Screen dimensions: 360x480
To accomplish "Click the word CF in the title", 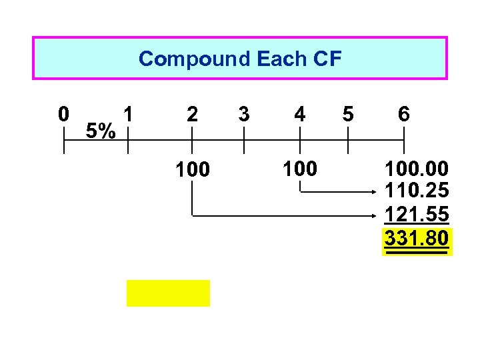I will [326, 59].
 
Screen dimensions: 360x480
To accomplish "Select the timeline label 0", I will [63, 114].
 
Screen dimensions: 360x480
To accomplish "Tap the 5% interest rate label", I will [102, 131].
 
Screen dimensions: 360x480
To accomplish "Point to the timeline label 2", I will [192, 114].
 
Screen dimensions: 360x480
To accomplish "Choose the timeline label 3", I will [244, 114].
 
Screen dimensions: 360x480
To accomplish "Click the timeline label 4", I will [301, 115].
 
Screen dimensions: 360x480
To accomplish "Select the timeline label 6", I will [404, 114].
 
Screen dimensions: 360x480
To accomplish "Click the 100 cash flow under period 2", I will [192, 170].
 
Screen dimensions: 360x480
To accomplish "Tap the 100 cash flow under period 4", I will [300, 169].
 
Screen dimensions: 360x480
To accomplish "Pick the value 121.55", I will [417, 215].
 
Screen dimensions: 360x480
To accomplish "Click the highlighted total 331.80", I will [417, 238].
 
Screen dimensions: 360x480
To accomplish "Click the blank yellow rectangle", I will [168, 293].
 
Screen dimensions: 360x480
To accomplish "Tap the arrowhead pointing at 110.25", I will [376, 193].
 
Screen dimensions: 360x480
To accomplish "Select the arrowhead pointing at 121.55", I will [376, 215].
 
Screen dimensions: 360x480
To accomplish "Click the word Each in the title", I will [280, 59].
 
